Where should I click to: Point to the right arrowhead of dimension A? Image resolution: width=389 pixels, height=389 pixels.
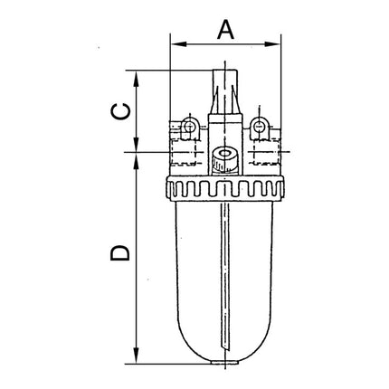(x=277, y=43)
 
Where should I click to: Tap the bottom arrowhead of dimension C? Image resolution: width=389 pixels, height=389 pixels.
(x=136, y=147)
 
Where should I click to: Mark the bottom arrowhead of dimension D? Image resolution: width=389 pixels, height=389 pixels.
(x=136, y=359)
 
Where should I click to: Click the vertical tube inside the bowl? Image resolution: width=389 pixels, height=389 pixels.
(x=224, y=280)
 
